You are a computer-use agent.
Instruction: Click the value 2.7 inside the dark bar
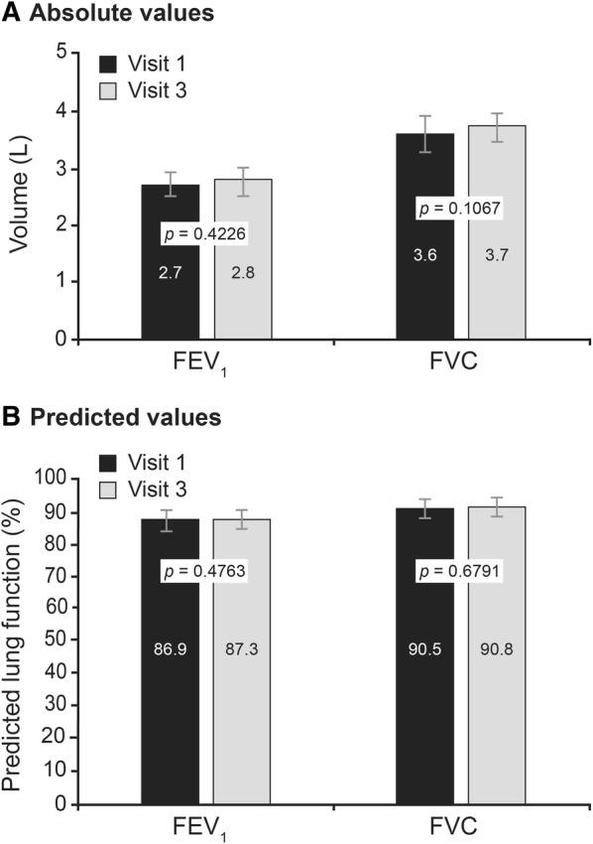coord(170,271)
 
